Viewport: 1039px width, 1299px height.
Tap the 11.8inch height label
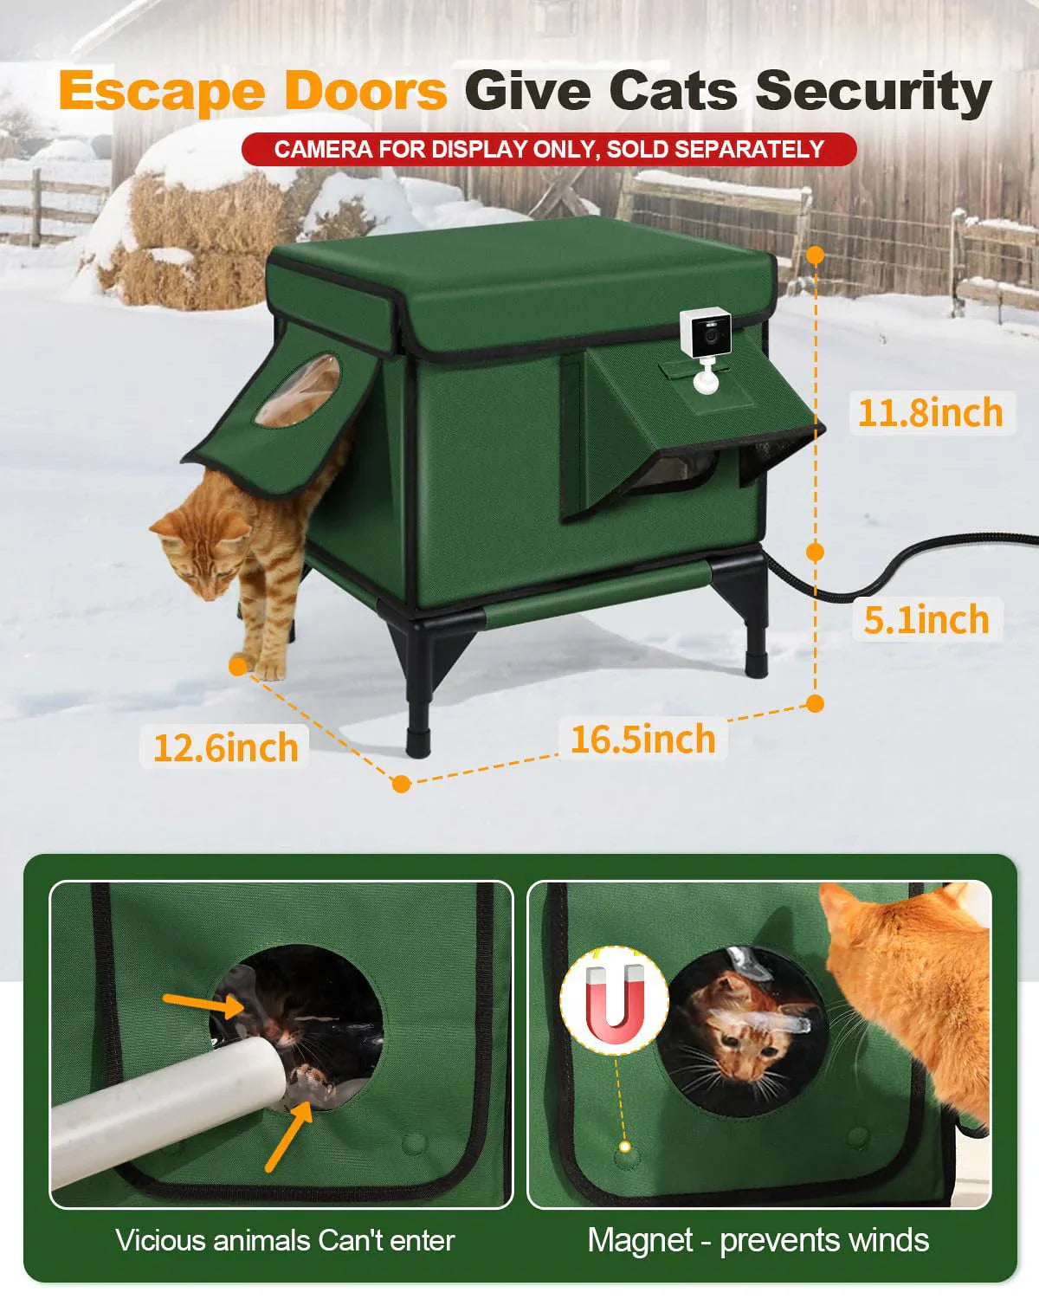point(930,412)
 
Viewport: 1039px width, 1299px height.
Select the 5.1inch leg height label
point(926,620)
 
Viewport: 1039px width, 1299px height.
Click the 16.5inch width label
point(642,740)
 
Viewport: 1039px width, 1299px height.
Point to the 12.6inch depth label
point(225,747)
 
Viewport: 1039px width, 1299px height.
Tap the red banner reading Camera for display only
point(549,149)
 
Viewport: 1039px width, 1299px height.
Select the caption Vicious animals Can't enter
point(285,1240)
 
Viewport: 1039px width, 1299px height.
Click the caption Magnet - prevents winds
point(758,1240)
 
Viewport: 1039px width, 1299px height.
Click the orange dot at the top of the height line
point(815,255)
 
